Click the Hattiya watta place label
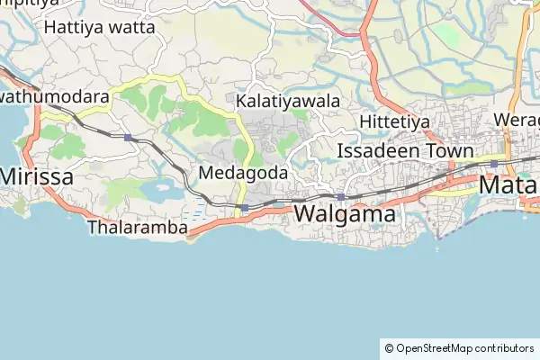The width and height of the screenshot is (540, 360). [x=99, y=27]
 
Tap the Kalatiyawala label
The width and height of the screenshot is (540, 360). [x=288, y=102]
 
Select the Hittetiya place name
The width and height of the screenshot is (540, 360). [x=395, y=121]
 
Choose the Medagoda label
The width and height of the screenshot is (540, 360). [x=243, y=172]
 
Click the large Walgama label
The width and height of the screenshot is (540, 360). [x=345, y=214]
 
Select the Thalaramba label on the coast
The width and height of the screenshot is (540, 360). [x=138, y=228]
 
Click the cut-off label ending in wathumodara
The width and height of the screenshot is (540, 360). [x=54, y=96]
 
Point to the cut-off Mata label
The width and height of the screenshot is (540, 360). [x=509, y=185]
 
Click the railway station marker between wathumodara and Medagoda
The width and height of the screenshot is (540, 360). [x=129, y=138]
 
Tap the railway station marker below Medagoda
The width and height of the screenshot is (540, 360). [x=245, y=208]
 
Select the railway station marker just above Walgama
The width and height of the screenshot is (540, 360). [x=341, y=196]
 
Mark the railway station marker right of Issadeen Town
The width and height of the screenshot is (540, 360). [x=493, y=163]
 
